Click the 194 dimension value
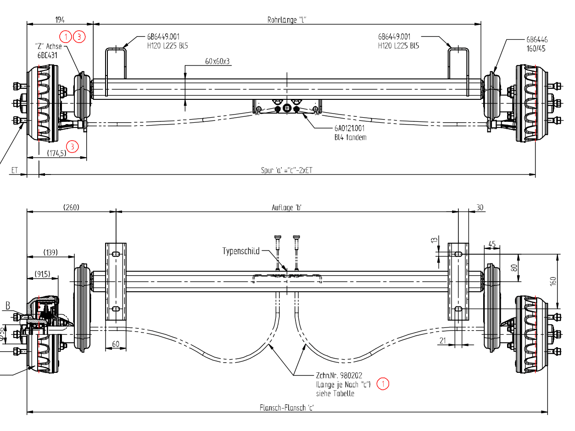coord(60,20)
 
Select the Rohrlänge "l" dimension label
coord(287,20)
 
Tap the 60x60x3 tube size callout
coord(217,61)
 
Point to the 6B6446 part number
coord(537,40)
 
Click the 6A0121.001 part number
coord(349,128)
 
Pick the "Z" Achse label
coord(49,46)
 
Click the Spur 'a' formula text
coord(287,170)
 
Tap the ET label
coord(14,170)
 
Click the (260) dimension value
coord(71,207)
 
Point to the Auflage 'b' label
coord(286,207)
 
